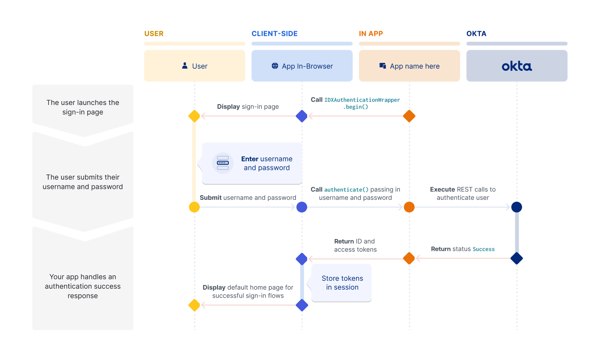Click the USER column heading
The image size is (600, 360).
click(x=154, y=34)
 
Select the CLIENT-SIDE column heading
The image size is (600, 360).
click(x=274, y=34)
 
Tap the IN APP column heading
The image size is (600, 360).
click(x=371, y=34)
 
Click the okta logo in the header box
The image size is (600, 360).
click(x=517, y=66)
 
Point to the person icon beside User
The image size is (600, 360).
click(x=185, y=66)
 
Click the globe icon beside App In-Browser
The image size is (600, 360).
click(x=275, y=66)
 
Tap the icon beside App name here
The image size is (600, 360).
click(x=383, y=66)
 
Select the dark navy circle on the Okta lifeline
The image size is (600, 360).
click(x=517, y=207)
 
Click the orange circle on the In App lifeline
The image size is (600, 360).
click(x=409, y=207)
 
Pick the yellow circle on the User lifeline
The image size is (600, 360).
click(x=194, y=207)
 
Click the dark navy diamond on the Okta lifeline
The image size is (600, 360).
click(x=517, y=258)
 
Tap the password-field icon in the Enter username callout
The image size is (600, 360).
click(x=223, y=163)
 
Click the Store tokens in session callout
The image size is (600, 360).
click(x=342, y=283)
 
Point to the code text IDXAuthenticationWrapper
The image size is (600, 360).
click(x=362, y=100)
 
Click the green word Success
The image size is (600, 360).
click(x=484, y=249)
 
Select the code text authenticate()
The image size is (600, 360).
click(x=346, y=190)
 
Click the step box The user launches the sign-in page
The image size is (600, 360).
click(x=83, y=107)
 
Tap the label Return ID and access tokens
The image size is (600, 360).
click(x=355, y=245)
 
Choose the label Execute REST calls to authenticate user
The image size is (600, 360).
click(x=463, y=193)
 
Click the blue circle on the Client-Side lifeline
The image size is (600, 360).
click(x=302, y=207)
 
